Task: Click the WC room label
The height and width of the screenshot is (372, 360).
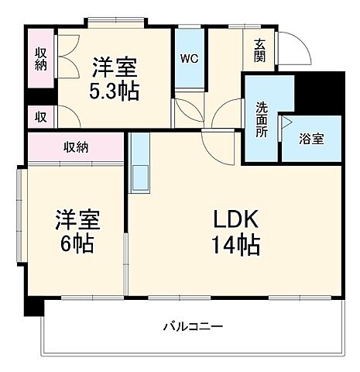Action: click(x=189, y=58)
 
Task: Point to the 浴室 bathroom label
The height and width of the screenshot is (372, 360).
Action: click(x=312, y=139)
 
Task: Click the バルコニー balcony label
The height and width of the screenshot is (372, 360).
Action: click(x=193, y=326)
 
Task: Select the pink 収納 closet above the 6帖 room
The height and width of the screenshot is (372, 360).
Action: click(x=76, y=146)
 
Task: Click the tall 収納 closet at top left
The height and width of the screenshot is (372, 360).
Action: click(x=40, y=59)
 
